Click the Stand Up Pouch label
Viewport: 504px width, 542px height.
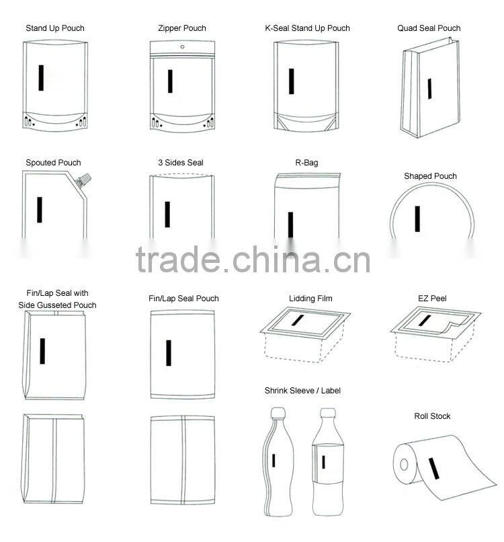(55, 28)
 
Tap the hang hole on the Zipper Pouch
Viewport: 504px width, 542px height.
(182, 47)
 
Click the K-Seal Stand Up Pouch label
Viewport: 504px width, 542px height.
(307, 28)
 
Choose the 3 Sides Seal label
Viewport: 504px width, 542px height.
(181, 163)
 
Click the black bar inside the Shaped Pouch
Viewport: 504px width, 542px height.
(417, 219)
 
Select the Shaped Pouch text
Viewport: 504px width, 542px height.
(430, 176)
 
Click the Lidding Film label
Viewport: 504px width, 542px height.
(310, 299)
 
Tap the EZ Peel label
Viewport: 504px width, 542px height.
(432, 298)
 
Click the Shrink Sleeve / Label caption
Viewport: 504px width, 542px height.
(302, 391)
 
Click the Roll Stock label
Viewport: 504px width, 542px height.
(432, 416)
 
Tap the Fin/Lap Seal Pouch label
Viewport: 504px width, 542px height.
(183, 299)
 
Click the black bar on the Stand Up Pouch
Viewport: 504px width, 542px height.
(42, 77)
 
